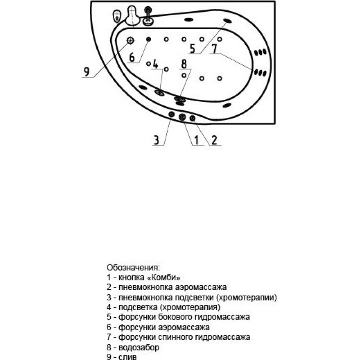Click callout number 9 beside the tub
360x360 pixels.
click(86, 72)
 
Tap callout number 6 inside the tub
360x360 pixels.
click(132, 57)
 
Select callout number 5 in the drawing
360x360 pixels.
click(193, 49)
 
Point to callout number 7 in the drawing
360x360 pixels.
click(214, 49)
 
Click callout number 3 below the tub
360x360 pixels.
click(156, 140)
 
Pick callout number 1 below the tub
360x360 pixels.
click(196, 140)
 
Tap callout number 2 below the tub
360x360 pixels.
click(214, 140)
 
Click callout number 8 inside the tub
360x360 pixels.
click(184, 64)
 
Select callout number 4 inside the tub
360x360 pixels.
click(155, 64)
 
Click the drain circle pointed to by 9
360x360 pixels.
click(130, 40)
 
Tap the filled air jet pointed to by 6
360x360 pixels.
click(148, 39)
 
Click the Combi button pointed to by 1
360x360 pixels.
click(182, 117)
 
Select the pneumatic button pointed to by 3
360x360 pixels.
click(171, 114)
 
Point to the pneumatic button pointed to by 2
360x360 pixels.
click(193, 118)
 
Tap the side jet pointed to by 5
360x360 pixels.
click(227, 21)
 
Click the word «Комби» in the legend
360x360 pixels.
click(163, 277)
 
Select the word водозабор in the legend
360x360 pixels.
click(139, 347)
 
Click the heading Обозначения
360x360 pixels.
click(133, 268)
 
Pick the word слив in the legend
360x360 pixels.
click(127, 356)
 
